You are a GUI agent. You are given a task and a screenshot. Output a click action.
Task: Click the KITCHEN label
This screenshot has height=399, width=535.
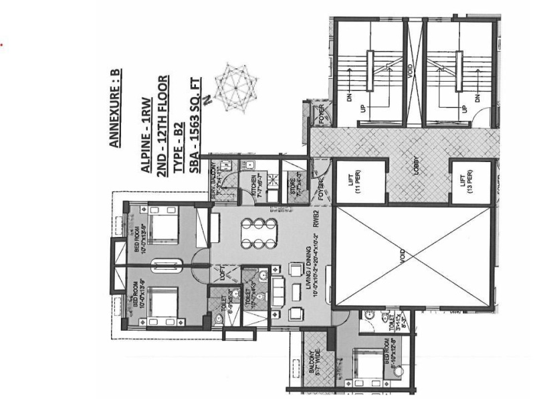coord(255,181)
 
